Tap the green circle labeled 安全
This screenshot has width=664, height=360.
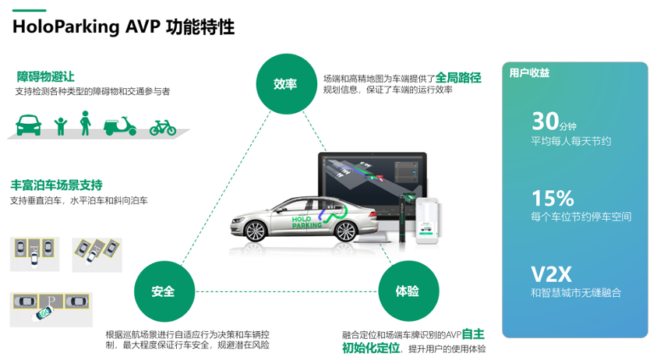coord(164,291)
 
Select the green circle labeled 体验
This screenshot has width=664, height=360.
coord(407,291)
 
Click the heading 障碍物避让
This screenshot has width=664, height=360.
coord(46,76)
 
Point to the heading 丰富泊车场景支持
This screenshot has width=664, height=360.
coord(56,185)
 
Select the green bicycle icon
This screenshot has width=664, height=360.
coord(163,126)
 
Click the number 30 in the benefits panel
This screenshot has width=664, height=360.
coord(544,121)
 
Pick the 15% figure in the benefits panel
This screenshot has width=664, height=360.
coord(552,198)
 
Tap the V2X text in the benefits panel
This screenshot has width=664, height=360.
coord(553,274)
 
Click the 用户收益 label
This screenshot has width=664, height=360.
coord(529,73)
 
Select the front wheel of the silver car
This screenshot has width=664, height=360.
coord(256,231)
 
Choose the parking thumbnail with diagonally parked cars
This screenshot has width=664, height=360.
coord(97,254)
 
